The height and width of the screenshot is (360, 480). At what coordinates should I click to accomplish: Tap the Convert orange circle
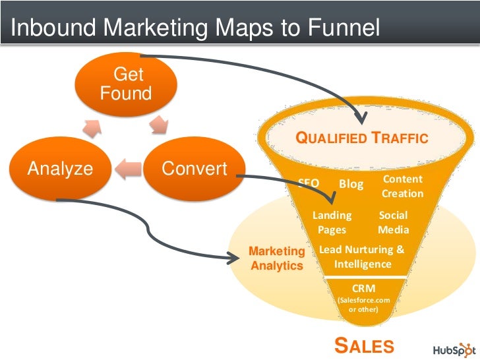pos(194,169)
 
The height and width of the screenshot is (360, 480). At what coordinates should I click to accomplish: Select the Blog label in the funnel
pos(351,184)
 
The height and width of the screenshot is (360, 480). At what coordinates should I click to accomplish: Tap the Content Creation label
pos(402,187)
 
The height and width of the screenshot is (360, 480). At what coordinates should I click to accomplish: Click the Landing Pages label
pos(332,223)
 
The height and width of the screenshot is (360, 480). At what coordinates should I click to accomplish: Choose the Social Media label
pos(393,223)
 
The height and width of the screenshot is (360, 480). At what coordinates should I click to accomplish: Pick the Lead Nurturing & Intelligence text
pos(362,257)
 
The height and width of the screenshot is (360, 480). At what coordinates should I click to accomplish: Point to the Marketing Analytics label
pos(277,258)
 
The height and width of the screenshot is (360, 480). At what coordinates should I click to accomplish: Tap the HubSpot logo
pos(453,347)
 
